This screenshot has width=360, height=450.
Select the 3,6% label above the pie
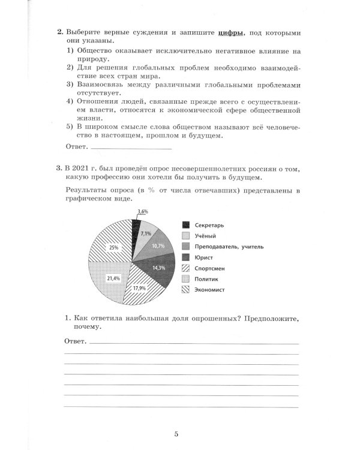pos(142,212)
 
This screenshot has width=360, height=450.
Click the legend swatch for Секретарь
pos(186,225)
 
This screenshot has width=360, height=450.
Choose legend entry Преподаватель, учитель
pos(229,247)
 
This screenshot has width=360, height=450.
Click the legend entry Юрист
pos(205,257)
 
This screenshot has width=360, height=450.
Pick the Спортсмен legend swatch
pos(186,268)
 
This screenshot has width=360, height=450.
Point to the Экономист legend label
pos(212,290)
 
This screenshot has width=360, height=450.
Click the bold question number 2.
pos(59,32)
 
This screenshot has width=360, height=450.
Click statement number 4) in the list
pos(70,101)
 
